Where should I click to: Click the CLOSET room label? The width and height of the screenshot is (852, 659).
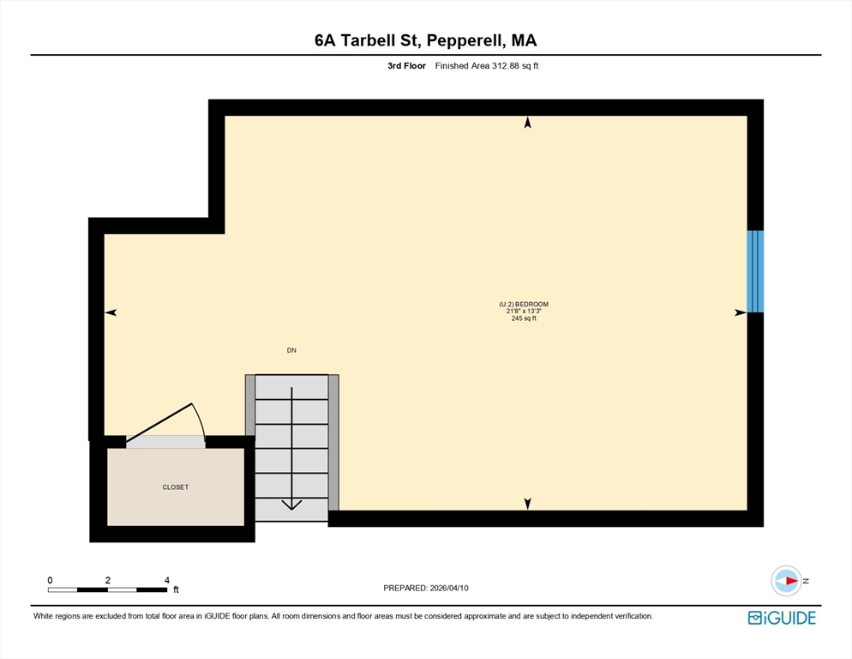point(176,487)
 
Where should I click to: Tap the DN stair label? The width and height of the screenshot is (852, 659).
point(291,350)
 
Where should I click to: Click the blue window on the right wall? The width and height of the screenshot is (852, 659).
point(755,271)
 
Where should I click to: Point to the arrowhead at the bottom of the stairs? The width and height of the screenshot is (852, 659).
point(291,505)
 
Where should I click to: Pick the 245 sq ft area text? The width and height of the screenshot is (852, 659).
point(524,318)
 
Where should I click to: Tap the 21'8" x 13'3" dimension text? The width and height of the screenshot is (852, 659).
point(524,311)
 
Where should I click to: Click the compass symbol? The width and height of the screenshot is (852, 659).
point(786,581)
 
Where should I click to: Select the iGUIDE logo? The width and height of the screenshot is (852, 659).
point(782,618)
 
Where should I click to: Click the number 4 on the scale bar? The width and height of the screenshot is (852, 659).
point(167,580)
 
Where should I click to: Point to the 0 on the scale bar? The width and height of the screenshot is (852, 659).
point(50,580)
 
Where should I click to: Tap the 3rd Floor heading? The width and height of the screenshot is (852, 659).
point(406,66)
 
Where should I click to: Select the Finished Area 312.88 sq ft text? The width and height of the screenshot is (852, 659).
point(487,66)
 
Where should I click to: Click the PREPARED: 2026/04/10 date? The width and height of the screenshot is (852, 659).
point(426,588)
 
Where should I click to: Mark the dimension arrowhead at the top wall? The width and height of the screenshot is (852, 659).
point(527,123)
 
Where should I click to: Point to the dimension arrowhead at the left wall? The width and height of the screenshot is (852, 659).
point(111,312)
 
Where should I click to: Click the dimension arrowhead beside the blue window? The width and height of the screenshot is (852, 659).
point(741,312)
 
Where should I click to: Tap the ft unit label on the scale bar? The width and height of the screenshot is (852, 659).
point(176,589)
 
